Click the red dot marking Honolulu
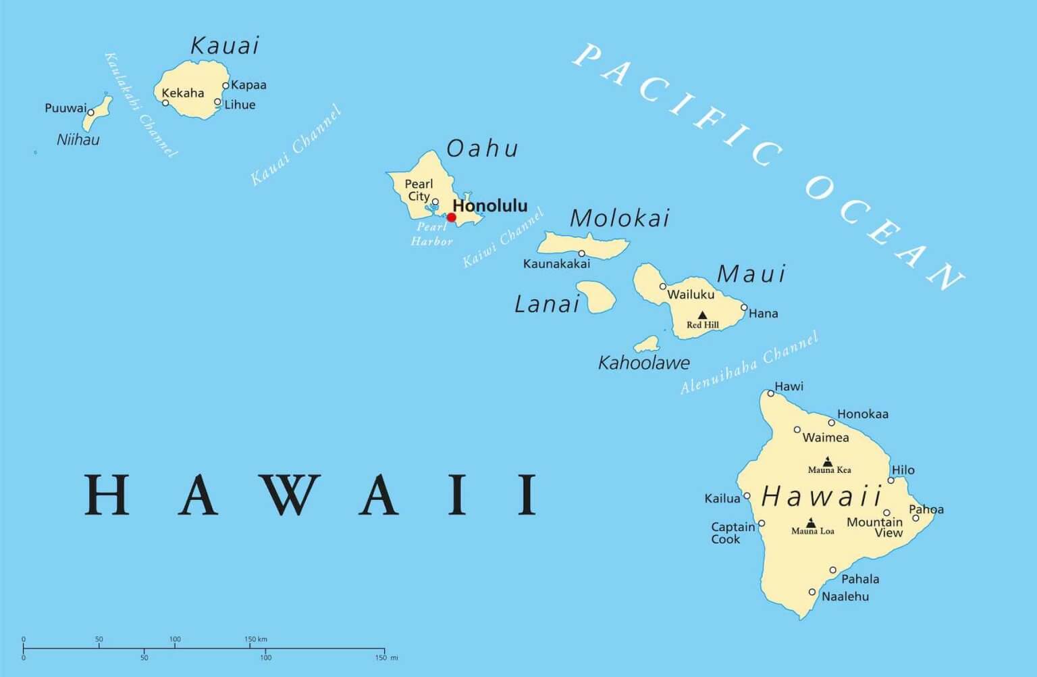(x=451, y=217)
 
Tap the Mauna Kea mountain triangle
(x=828, y=461)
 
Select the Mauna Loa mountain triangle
(x=811, y=522)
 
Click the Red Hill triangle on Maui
(x=702, y=315)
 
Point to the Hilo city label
(x=903, y=470)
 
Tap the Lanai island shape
(x=596, y=297)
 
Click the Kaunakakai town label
(x=556, y=264)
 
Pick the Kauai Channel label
(x=295, y=145)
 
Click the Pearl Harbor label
(x=431, y=234)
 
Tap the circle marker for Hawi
(x=770, y=393)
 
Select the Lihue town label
(x=240, y=105)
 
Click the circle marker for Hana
(x=744, y=307)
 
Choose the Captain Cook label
(x=732, y=532)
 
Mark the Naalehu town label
(x=845, y=597)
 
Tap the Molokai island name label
(x=620, y=218)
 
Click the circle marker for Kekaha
(x=165, y=103)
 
